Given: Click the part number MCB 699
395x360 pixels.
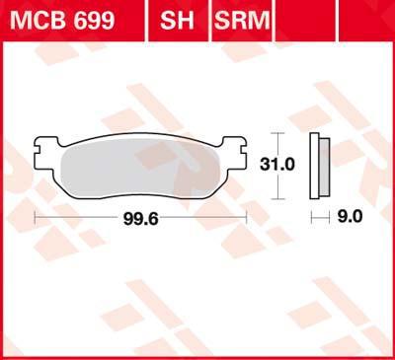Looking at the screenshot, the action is [62, 20].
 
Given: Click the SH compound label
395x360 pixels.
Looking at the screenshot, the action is [177, 20].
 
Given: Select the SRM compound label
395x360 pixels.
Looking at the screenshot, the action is [242, 20].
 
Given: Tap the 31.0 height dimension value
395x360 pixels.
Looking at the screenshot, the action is [277, 164].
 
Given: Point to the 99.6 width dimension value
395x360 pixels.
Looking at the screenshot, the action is [140, 219].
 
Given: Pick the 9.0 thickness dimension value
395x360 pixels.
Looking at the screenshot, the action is [350, 217].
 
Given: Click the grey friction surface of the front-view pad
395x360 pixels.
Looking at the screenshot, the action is [140, 168].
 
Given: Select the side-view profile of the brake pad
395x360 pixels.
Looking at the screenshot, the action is [320, 166].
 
